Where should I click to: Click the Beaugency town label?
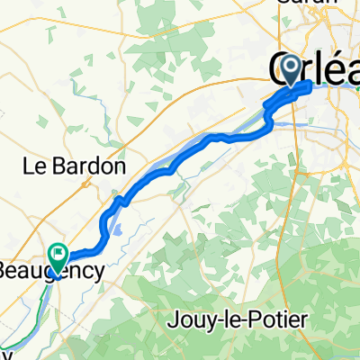click(x=52, y=269)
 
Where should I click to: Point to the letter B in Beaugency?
click(x=5, y=269)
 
